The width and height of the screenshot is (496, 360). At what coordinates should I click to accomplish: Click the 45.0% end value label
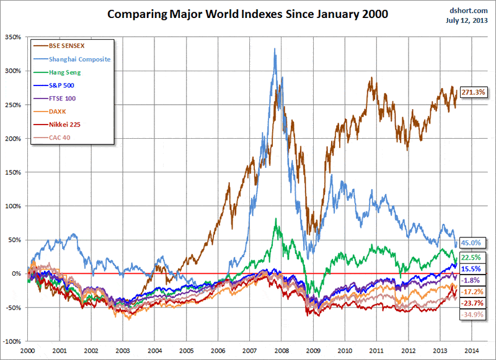tap(471, 243)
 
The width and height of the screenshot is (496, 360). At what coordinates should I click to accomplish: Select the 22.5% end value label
tap(471, 258)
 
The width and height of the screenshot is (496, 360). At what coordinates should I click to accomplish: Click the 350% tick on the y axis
tap(12, 38)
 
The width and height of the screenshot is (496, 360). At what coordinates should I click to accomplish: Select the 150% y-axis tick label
tap(12, 173)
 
